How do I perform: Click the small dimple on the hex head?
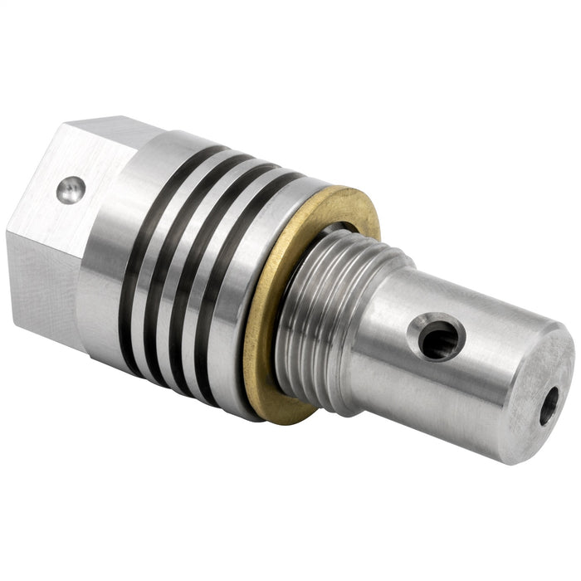tap(71, 190)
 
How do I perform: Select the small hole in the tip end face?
tap(549, 407)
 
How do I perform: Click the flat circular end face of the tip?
tap(539, 390)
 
